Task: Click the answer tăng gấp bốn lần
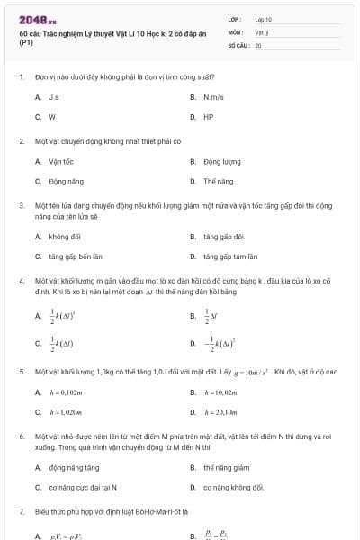coord(69,256)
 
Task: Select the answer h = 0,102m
coord(66,392)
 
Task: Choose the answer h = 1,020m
coord(66,412)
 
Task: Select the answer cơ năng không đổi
coord(233,487)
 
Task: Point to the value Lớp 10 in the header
coord(263,18)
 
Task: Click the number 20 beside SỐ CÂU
coord(258,43)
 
